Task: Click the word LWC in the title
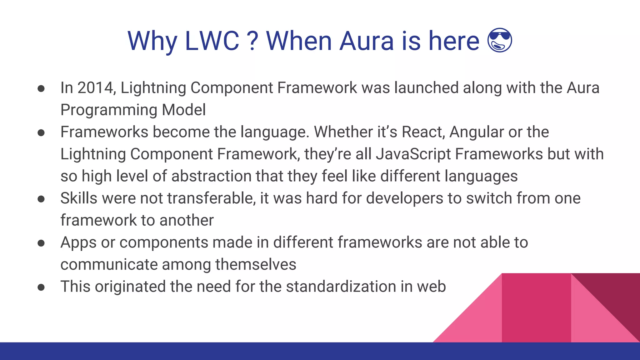click(212, 41)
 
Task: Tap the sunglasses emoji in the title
click(500, 40)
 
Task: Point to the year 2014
click(95, 88)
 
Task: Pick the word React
click(423, 132)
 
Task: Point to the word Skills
click(79, 198)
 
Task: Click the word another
click(187, 220)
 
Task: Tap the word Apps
click(78, 243)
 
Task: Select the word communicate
click(109, 264)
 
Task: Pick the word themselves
click(256, 264)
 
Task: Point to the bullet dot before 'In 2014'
click(41, 88)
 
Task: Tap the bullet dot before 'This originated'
click(41, 287)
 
